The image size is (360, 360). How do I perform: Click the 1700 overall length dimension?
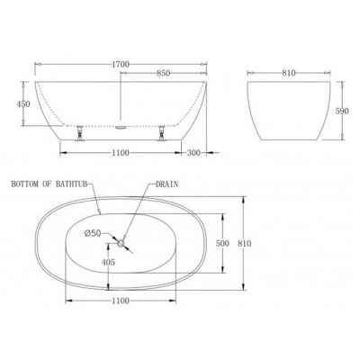tap(121, 64)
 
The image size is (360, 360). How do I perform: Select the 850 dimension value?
tap(164, 73)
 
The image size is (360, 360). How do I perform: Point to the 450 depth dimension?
tap(23, 103)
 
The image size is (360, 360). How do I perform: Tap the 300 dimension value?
tap(194, 153)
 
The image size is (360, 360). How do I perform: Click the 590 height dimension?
tap(342, 111)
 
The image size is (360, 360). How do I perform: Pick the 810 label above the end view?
tap(289, 73)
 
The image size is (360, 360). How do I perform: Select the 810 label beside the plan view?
tap(244, 243)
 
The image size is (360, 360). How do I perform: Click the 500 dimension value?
tap(222, 243)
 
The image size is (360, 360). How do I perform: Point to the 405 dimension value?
tap(108, 262)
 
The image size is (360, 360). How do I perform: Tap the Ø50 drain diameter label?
tap(93, 233)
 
